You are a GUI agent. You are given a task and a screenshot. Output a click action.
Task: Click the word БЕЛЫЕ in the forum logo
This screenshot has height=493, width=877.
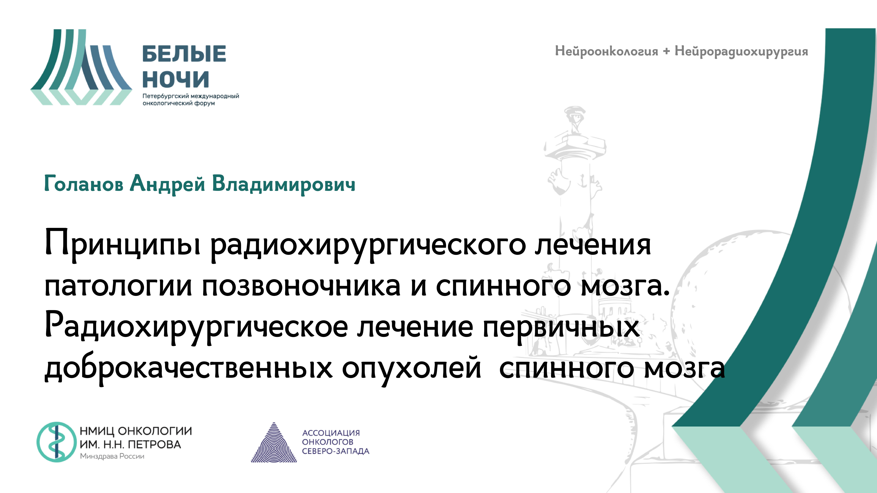(x=184, y=54)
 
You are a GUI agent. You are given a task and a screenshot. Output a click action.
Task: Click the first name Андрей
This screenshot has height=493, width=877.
(x=168, y=184)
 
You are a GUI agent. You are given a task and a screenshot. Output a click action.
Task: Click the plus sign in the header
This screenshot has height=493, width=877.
(x=666, y=51)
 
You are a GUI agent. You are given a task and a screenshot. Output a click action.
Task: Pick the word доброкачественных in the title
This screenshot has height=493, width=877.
(x=188, y=368)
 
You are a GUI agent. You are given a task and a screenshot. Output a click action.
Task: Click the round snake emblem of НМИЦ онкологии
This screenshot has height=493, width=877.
(x=57, y=442)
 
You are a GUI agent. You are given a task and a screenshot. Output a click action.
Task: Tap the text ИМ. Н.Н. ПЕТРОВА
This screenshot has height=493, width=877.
(x=130, y=444)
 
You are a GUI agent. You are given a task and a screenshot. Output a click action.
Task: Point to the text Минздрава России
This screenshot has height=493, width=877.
(x=112, y=456)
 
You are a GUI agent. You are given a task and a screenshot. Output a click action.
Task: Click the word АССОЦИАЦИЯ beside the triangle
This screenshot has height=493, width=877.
(x=331, y=433)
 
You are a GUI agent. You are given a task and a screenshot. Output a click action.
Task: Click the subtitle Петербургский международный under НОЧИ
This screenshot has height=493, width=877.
(x=191, y=96)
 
